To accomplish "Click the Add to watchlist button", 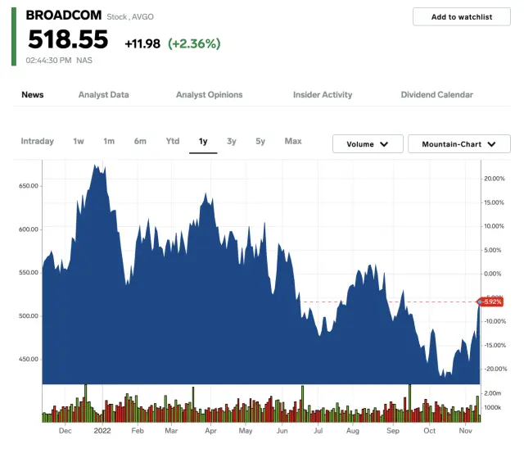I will pyautogui.click(x=462, y=16).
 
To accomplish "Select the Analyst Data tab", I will pyautogui.click(x=103, y=95).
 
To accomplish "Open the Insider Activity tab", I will pyautogui.click(x=323, y=95).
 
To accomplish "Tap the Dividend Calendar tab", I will pyautogui.click(x=436, y=95).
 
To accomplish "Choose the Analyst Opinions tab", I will pyautogui.click(x=209, y=95).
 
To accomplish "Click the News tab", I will pyautogui.click(x=33, y=95).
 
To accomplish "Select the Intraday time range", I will pyautogui.click(x=37, y=141).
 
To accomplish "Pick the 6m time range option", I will pyautogui.click(x=140, y=141).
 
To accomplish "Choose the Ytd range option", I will pyautogui.click(x=173, y=141).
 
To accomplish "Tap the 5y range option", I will pyautogui.click(x=260, y=141).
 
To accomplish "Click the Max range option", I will pyautogui.click(x=293, y=141).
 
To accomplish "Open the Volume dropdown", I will pyautogui.click(x=368, y=144).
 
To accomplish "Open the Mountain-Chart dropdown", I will pyautogui.click(x=459, y=144).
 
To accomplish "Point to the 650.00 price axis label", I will pyautogui.click(x=29, y=186).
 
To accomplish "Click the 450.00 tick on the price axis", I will pyautogui.click(x=29, y=359).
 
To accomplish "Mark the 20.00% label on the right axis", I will pyautogui.click(x=494, y=178).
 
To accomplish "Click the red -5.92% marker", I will pyautogui.click(x=490, y=302).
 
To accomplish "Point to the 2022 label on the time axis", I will pyautogui.click(x=102, y=430).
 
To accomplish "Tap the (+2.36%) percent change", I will pyautogui.click(x=194, y=43).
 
